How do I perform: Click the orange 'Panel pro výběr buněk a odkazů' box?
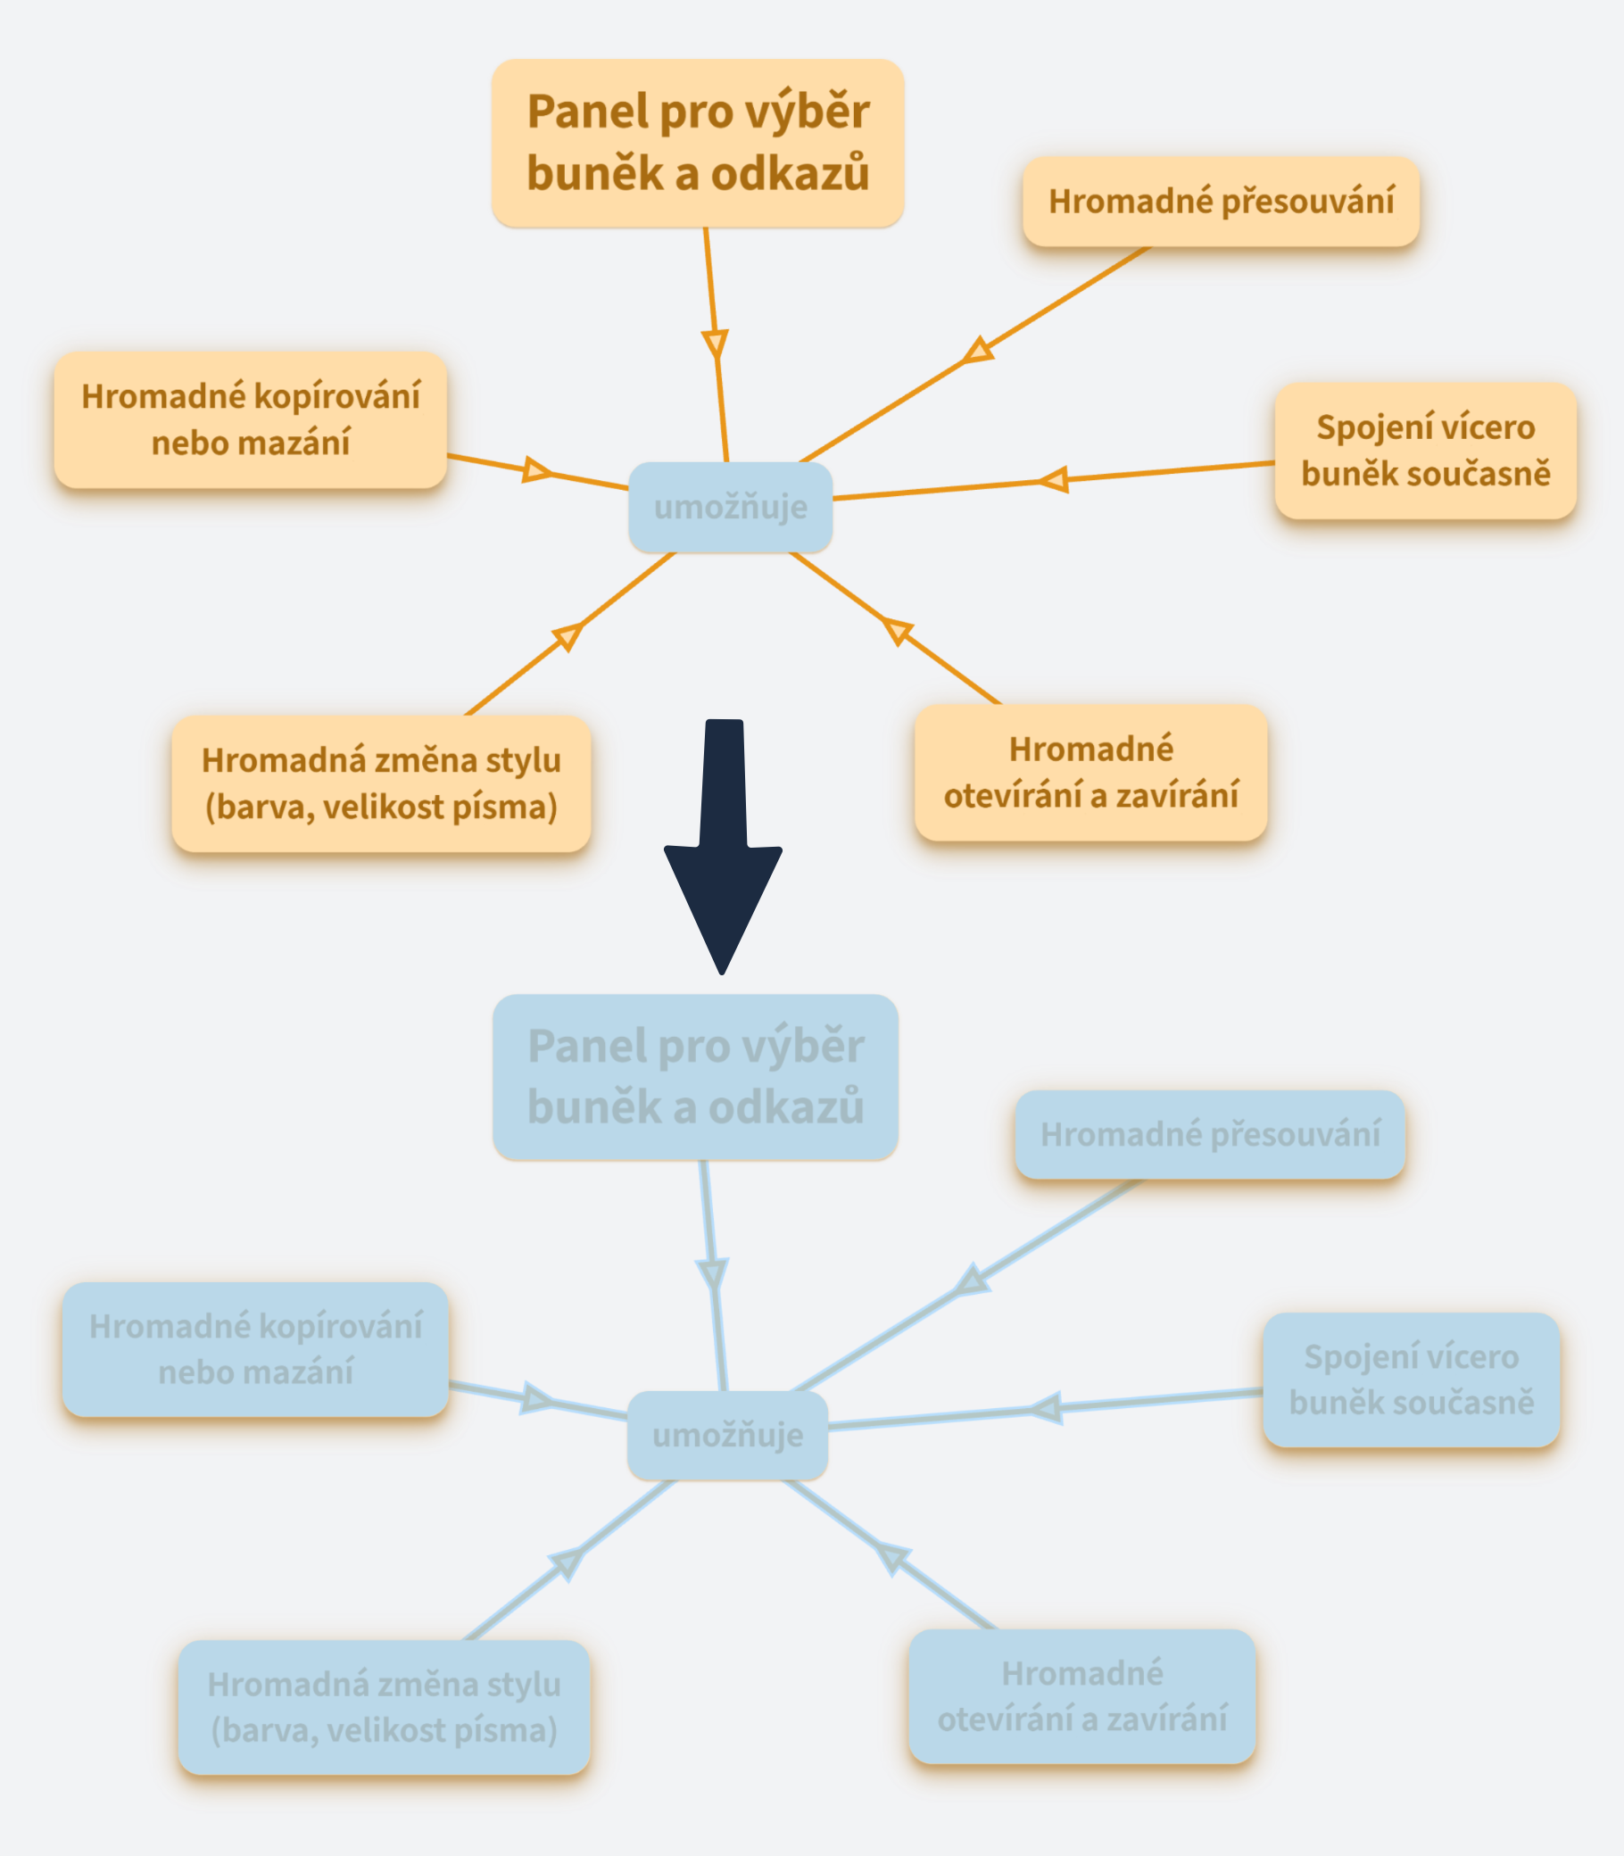pos(697,143)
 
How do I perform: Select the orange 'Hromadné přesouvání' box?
pos(1221,201)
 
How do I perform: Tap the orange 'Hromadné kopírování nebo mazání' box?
pos(250,419)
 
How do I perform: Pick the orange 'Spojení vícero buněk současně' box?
pos(1425,451)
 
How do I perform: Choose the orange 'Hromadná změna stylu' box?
pos(381,783)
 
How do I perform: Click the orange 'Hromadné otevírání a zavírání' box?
pos(1090,772)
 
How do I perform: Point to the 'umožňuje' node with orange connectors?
pos(731,508)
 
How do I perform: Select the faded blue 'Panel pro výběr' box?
pos(695,1077)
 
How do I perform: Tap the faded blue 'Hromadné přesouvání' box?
pos(1209,1134)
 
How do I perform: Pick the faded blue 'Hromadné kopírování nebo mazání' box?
pos(255,1348)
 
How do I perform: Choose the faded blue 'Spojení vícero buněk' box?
pos(1411,1380)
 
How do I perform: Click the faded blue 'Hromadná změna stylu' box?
pos(384,1706)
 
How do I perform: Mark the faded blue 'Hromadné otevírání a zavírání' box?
pos(1082,1695)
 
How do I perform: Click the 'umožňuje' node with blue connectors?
pos(728,1436)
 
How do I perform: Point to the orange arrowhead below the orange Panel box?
pos(715,344)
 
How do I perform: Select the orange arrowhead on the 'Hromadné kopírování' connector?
pos(536,469)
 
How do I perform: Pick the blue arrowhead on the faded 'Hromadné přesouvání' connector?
pos(972,1280)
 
